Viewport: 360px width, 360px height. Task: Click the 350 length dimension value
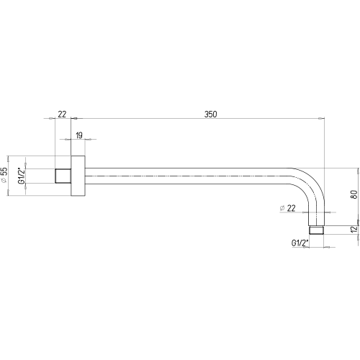(210, 114)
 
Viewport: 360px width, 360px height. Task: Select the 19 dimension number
(79, 135)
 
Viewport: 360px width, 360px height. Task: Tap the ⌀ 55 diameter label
(4, 175)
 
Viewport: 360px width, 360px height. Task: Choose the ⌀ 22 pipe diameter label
(287, 208)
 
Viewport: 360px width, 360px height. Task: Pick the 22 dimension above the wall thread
(62, 114)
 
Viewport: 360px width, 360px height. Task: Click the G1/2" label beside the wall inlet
(22, 176)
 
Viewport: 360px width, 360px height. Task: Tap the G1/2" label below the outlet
(300, 243)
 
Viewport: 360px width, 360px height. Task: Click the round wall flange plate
(78, 176)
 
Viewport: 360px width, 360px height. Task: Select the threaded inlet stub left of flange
(63, 176)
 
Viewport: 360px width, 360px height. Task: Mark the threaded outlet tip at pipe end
(316, 230)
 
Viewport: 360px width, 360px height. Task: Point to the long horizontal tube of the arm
(188, 176)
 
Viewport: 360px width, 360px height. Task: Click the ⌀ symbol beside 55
(4, 181)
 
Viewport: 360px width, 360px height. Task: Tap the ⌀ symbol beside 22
(282, 208)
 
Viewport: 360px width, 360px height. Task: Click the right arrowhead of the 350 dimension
(321, 118)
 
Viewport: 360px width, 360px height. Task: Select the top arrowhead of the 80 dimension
(359, 171)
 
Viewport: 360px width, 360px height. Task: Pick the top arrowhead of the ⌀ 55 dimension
(8, 159)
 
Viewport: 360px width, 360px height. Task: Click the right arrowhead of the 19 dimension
(89, 139)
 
